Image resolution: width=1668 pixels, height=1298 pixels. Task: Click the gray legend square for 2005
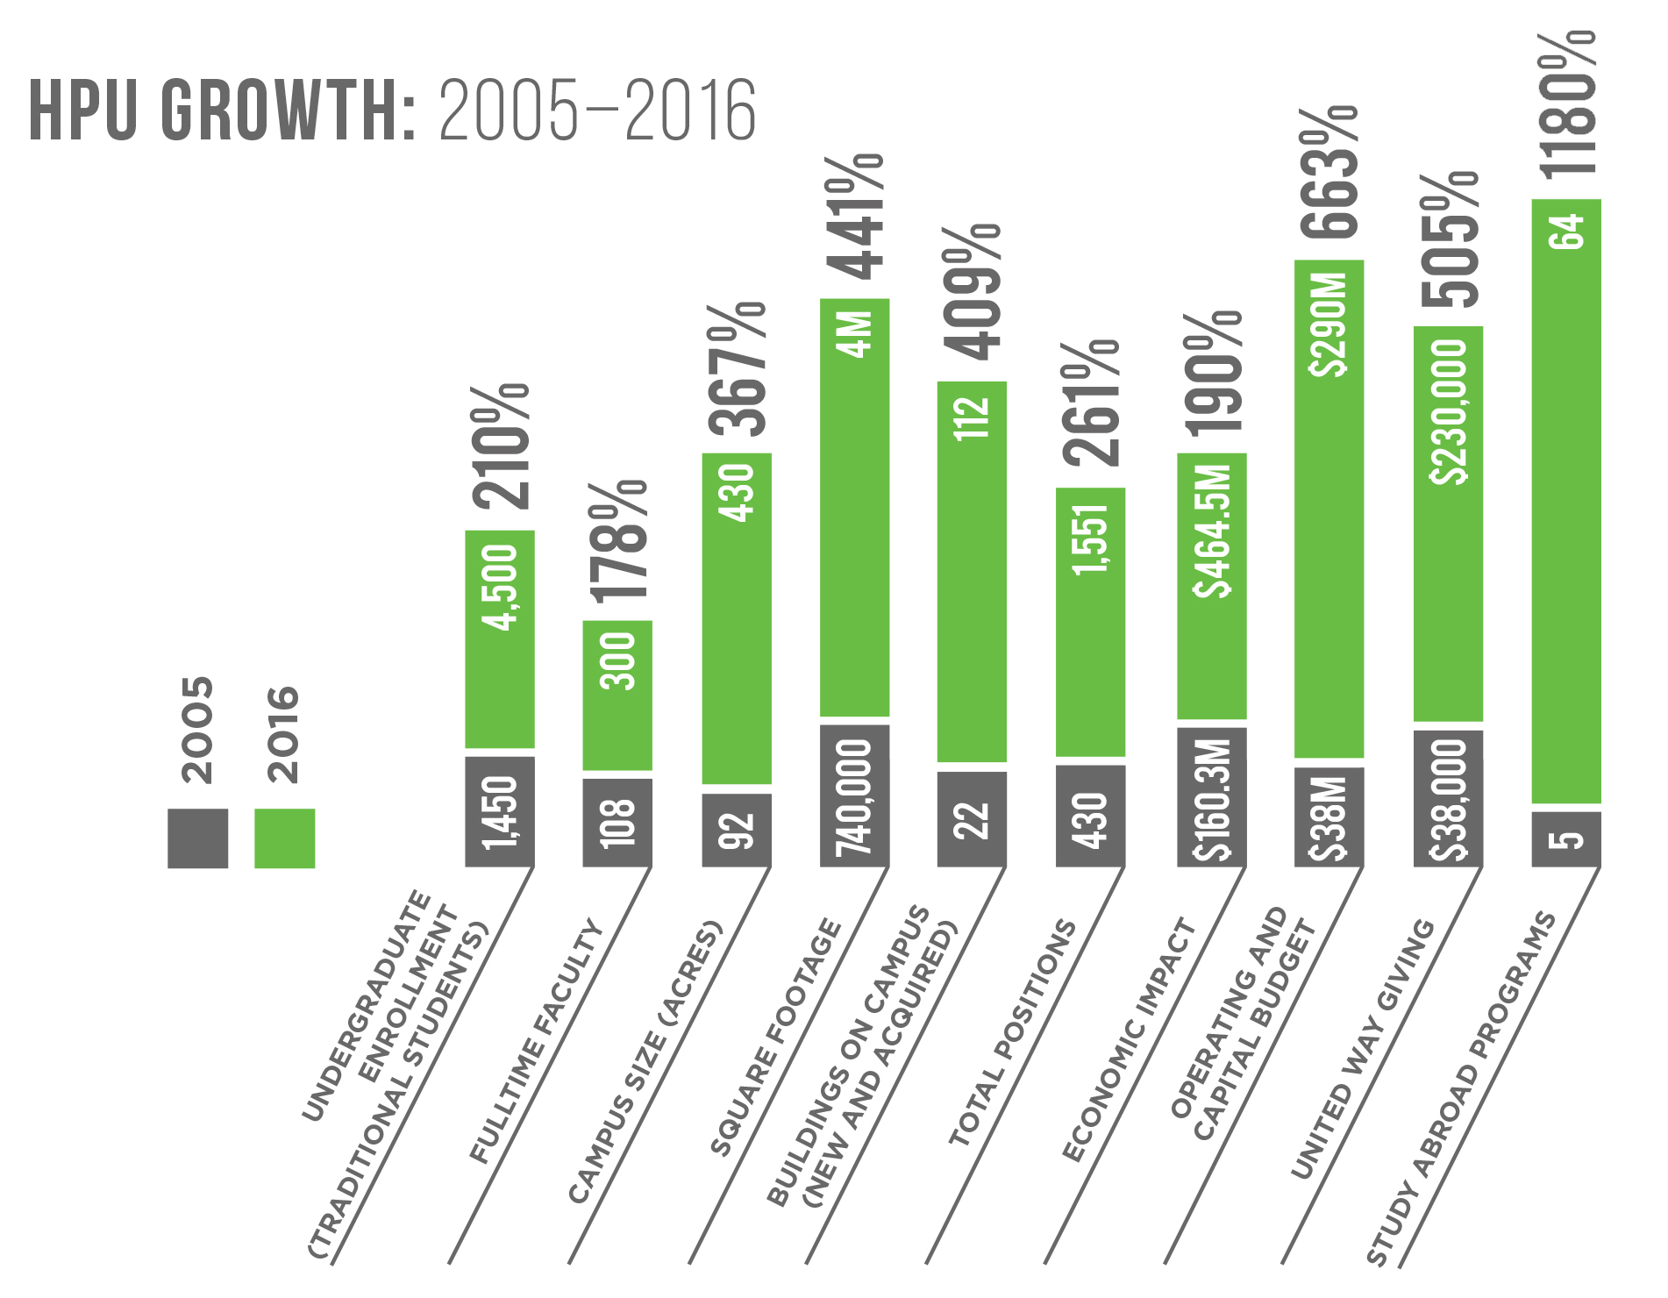(197, 838)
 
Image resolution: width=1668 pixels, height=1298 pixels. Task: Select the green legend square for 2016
(284, 838)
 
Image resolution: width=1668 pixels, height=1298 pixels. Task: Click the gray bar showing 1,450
(500, 812)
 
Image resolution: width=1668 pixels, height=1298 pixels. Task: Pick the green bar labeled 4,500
(500, 640)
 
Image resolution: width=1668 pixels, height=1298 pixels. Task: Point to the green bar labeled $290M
(1329, 509)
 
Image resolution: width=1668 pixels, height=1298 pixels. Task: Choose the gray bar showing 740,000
(854, 795)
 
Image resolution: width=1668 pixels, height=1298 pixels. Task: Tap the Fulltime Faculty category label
(537, 1042)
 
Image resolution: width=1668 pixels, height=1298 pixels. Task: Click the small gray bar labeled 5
(1566, 839)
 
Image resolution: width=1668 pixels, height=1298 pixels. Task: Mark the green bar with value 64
(1566, 500)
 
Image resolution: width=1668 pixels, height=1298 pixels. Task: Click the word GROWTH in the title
(289, 111)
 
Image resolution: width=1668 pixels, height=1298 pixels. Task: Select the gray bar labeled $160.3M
(1211, 797)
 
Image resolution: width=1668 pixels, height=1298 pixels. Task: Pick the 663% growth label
(1329, 174)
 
